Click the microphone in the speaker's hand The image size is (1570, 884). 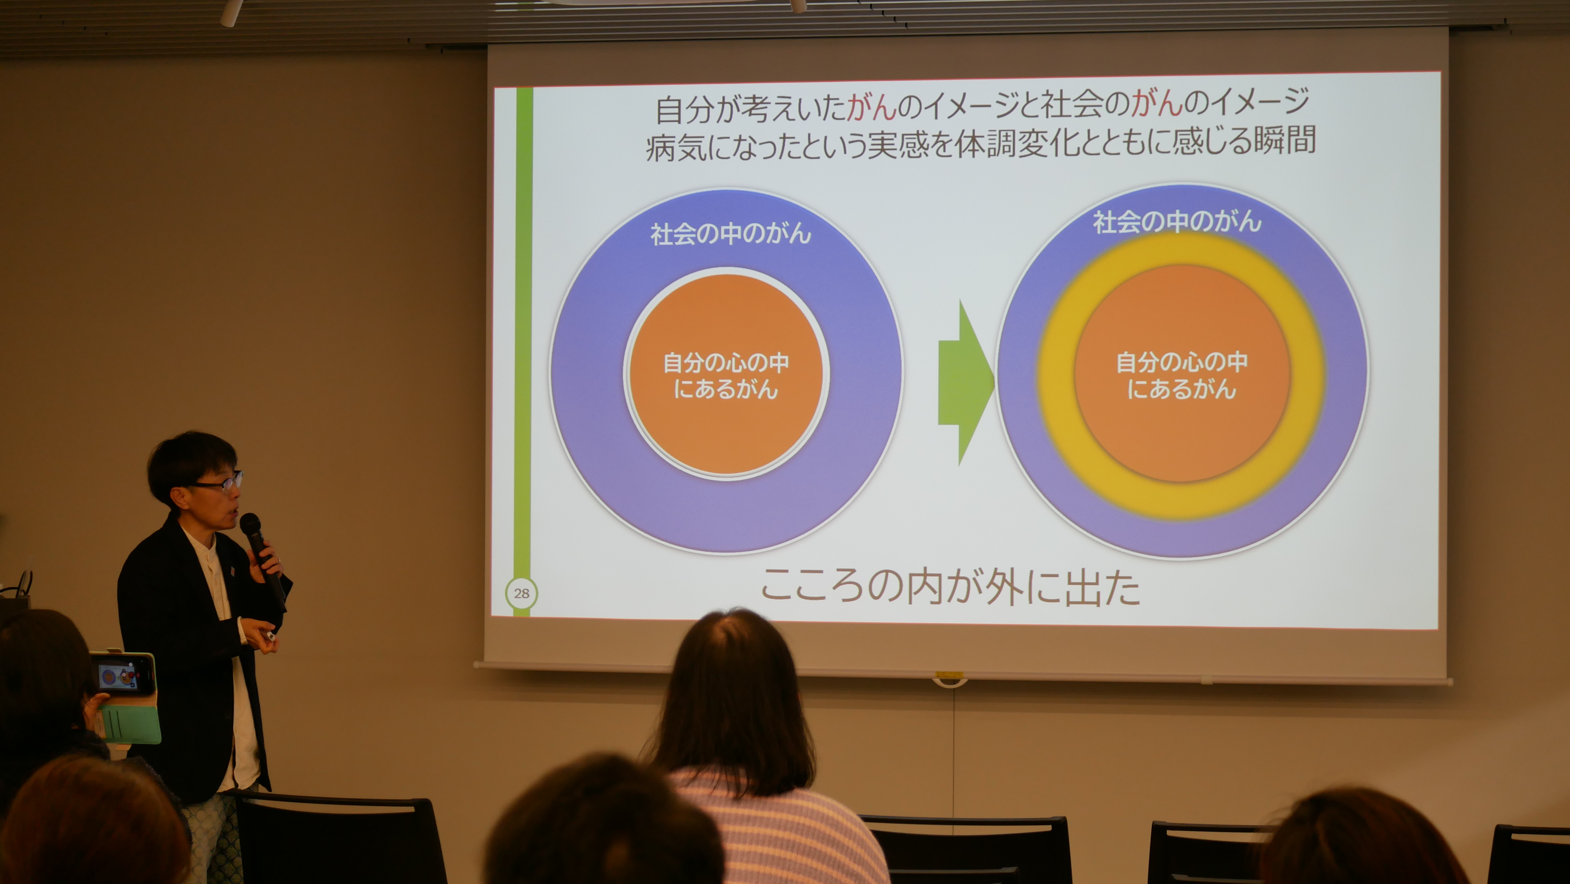(x=262, y=559)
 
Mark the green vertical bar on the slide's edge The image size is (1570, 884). (x=523, y=341)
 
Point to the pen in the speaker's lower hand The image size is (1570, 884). (x=269, y=636)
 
